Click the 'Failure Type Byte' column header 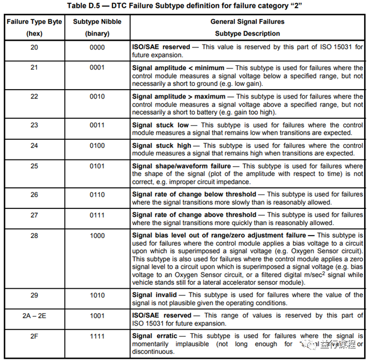click(x=34, y=22)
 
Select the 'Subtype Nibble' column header click(x=97, y=22)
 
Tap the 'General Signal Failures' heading click(x=247, y=22)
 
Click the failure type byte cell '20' click(x=34, y=47)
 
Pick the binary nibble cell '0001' click(x=97, y=68)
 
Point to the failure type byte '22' click(x=34, y=97)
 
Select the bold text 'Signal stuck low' click(x=160, y=125)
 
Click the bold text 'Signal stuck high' click(x=162, y=145)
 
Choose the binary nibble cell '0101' click(x=97, y=166)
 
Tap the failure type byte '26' click(x=34, y=194)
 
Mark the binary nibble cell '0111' click(x=97, y=215)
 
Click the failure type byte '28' click(x=34, y=236)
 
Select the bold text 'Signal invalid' click(x=154, y=295)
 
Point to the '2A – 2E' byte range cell click(x=34, y=315)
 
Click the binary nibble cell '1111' click(x=97, y=336)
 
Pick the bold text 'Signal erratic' click(x=155, y=336)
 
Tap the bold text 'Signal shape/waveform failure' click(x=181, y=166)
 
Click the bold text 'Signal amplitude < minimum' click(x=177, y=68)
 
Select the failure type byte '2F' click(x=34, y=336)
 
